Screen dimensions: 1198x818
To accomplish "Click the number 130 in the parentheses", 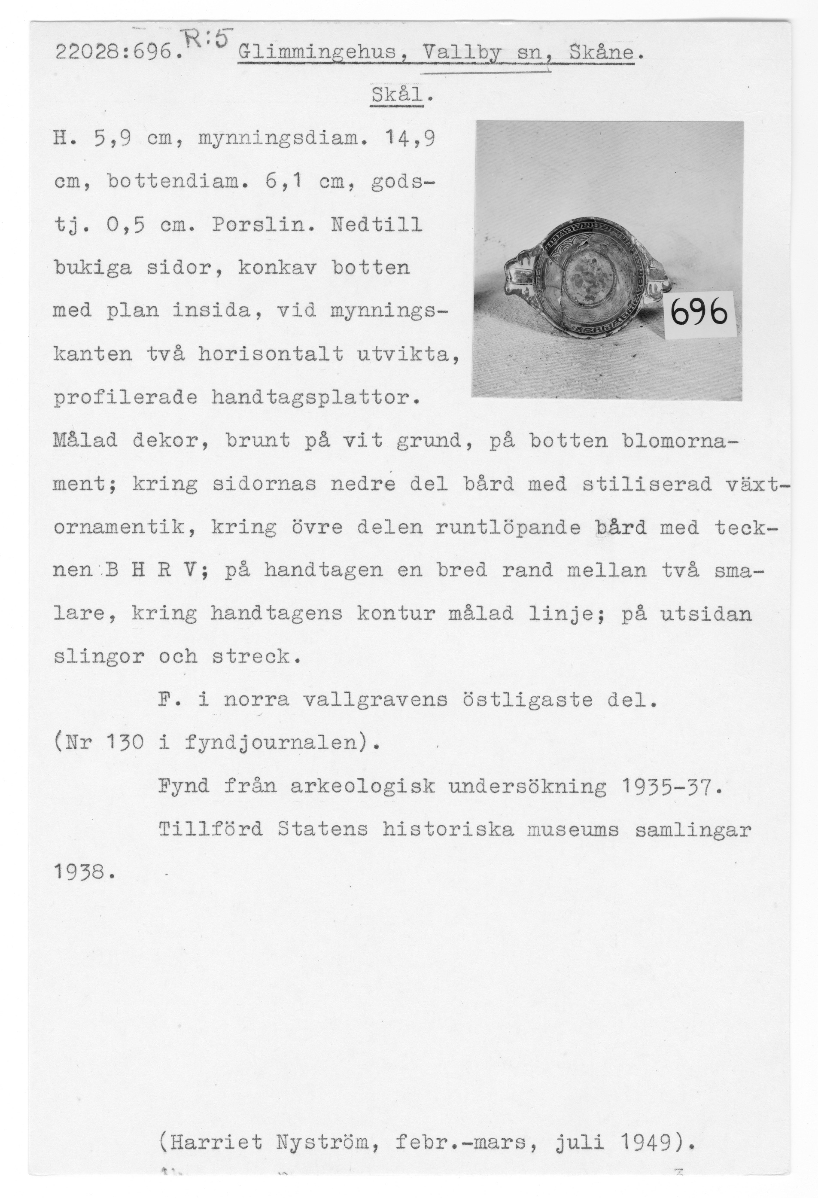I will [x=124, y=743].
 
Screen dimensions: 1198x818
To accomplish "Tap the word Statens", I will [x=322, y=829].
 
